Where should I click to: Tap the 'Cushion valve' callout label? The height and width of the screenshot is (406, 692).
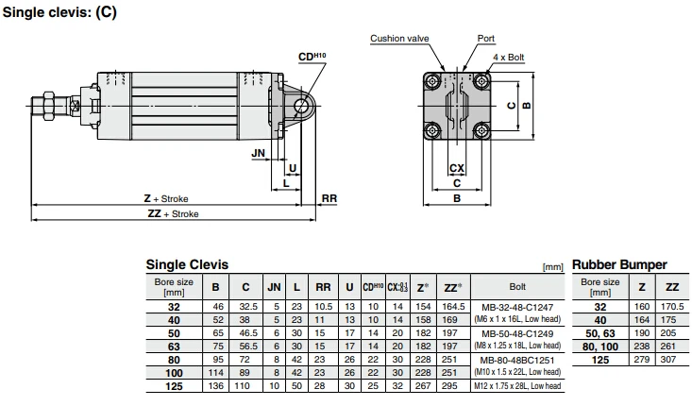coord(399,39)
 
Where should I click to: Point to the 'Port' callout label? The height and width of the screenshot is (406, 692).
coord(485,39)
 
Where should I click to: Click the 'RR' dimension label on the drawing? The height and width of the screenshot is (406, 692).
coord(329,198)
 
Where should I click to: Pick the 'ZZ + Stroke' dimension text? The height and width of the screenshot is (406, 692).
coord(174,214)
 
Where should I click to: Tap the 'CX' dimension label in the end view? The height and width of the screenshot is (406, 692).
coord(456,168)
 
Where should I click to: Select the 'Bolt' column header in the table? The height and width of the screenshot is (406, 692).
coord(517,286)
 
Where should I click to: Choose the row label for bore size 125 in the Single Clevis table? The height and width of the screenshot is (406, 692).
coord(173,386)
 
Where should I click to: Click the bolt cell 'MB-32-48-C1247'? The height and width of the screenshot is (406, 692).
coord(517,308)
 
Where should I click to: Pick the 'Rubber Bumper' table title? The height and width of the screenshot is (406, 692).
coord(619,265)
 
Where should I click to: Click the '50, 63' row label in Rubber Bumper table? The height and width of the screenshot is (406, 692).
coord(600,333)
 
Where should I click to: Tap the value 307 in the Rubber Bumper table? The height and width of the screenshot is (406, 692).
coord(672,360)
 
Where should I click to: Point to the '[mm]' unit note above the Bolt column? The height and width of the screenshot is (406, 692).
coord(553,268)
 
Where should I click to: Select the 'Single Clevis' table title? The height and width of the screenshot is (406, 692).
coord(187,265)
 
